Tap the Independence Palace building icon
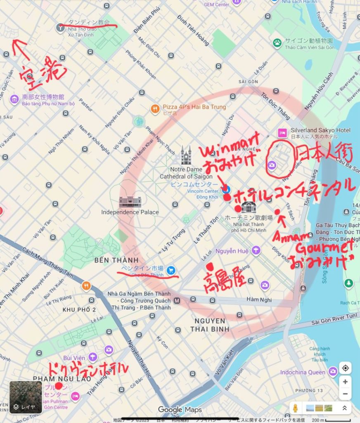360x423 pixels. pos(130,202)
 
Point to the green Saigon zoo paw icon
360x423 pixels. pos(277,42)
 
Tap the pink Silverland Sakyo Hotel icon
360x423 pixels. pos(282,133)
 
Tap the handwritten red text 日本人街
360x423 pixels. pos(323,155)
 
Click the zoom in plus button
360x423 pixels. pos(345,382)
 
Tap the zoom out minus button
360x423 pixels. pos(345,394)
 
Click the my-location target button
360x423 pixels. pos(345,368)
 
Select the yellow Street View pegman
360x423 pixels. pos(295,408)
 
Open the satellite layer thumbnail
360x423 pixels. pos(26,397)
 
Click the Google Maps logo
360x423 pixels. pos(180,409)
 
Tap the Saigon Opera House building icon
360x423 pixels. pos(249,207)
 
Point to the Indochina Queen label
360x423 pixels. pos(303,372)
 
